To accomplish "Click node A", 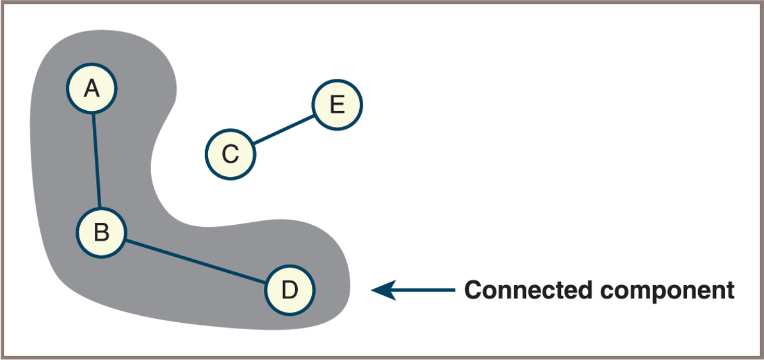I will [92, 89].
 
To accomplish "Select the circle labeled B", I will [101, 233].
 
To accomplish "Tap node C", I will [230, 154].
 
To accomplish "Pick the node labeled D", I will [290, 290].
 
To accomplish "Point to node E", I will [337, 104].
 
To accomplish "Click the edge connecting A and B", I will [97, 161].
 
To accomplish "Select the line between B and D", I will [195, 261].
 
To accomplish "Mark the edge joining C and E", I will [284, 129].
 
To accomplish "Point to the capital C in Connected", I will [473, 290].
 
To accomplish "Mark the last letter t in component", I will [729, 291].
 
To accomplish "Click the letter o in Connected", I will [487, 291].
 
